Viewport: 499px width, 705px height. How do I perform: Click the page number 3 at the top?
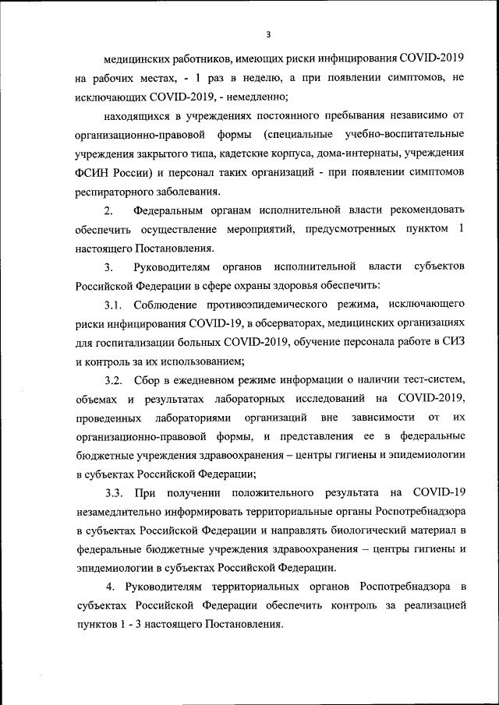pyautogui.click(x=268, y=34)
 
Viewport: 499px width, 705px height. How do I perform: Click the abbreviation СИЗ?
pyautogui.click(x=451, y=341)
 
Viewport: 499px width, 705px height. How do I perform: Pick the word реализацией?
pyautogui.click(x=434, y=605)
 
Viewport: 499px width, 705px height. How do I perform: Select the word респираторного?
pyautogui.click(x=118, y=191)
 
